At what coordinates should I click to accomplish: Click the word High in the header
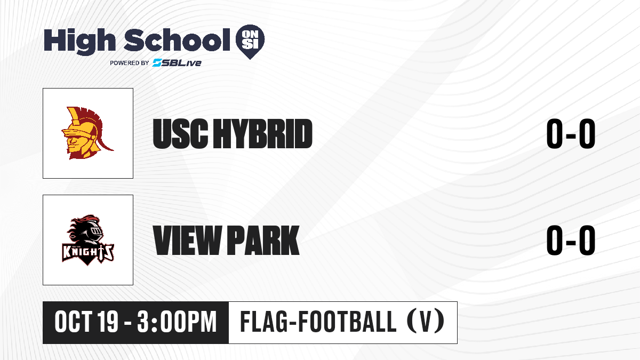(x=79, y=41)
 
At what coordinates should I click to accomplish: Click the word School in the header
(x=177, y=40)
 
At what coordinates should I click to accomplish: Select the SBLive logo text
(x=177, y=62)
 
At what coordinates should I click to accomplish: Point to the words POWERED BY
(x=130, y=63)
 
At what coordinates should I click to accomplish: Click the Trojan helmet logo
(x=87, y=133)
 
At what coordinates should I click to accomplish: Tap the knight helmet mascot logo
(x=88, y=240)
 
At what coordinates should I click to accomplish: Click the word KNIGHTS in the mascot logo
(x=88, y=253)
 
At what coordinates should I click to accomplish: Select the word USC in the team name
(x=181, y=134)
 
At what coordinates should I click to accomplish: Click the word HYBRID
(x=263, y=134)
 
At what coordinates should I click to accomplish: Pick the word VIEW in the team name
(x=187, y=241)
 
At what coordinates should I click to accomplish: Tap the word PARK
(x=263, y=241)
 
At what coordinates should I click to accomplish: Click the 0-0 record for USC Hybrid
(x=571, y=134)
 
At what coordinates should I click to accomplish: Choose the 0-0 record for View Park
(x=571, y=241)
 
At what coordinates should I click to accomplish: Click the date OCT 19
(x=86, y=322)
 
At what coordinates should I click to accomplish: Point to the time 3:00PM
(x=177, y=322)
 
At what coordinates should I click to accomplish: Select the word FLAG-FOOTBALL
(x=318, y=322)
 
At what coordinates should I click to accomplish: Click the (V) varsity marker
(x=426, y=322)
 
